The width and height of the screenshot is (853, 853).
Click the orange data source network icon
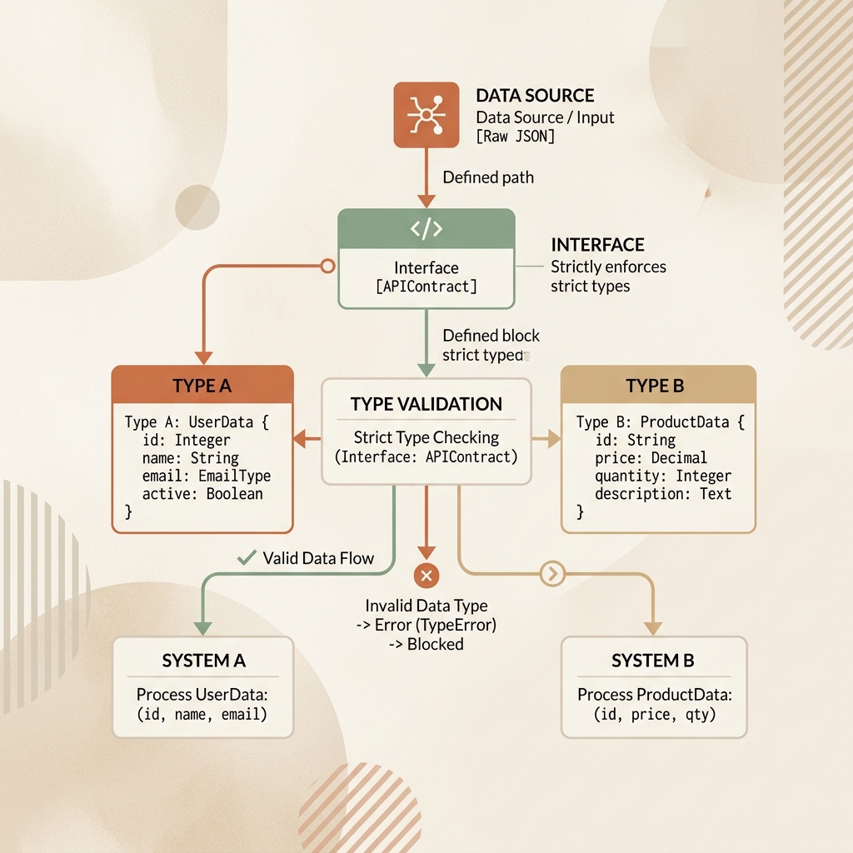pos(426,115)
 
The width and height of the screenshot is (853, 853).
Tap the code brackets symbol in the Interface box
pos(426,228)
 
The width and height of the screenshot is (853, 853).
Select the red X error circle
pos(426,576)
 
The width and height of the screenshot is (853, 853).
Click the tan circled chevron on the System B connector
pos(553,573)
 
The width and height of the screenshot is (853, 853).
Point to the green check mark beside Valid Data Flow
pos(247,557)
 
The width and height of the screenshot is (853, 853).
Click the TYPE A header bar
pos(202,385)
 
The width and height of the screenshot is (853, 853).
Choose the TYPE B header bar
pos(658,385)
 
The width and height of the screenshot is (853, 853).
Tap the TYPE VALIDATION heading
pos(426,404)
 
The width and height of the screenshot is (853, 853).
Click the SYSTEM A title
pos(203,661)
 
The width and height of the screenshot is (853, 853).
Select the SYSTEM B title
pos(653,661)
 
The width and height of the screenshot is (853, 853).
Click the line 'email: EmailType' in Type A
pos(207,476)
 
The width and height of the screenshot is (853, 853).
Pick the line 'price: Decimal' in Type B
pos(651,458)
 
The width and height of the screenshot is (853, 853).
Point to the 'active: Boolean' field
pos(202,494)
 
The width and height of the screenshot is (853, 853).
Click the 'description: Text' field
pos(662,494)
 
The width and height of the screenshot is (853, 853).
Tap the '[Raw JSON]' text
pos(515,136)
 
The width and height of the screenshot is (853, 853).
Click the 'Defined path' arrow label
pos(488,177)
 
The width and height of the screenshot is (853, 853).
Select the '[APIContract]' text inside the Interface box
pos(426,287)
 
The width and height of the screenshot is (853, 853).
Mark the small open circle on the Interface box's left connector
pos(327,266)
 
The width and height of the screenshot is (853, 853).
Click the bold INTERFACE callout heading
pos(597,245)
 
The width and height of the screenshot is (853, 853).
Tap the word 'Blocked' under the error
pos(435,644)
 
